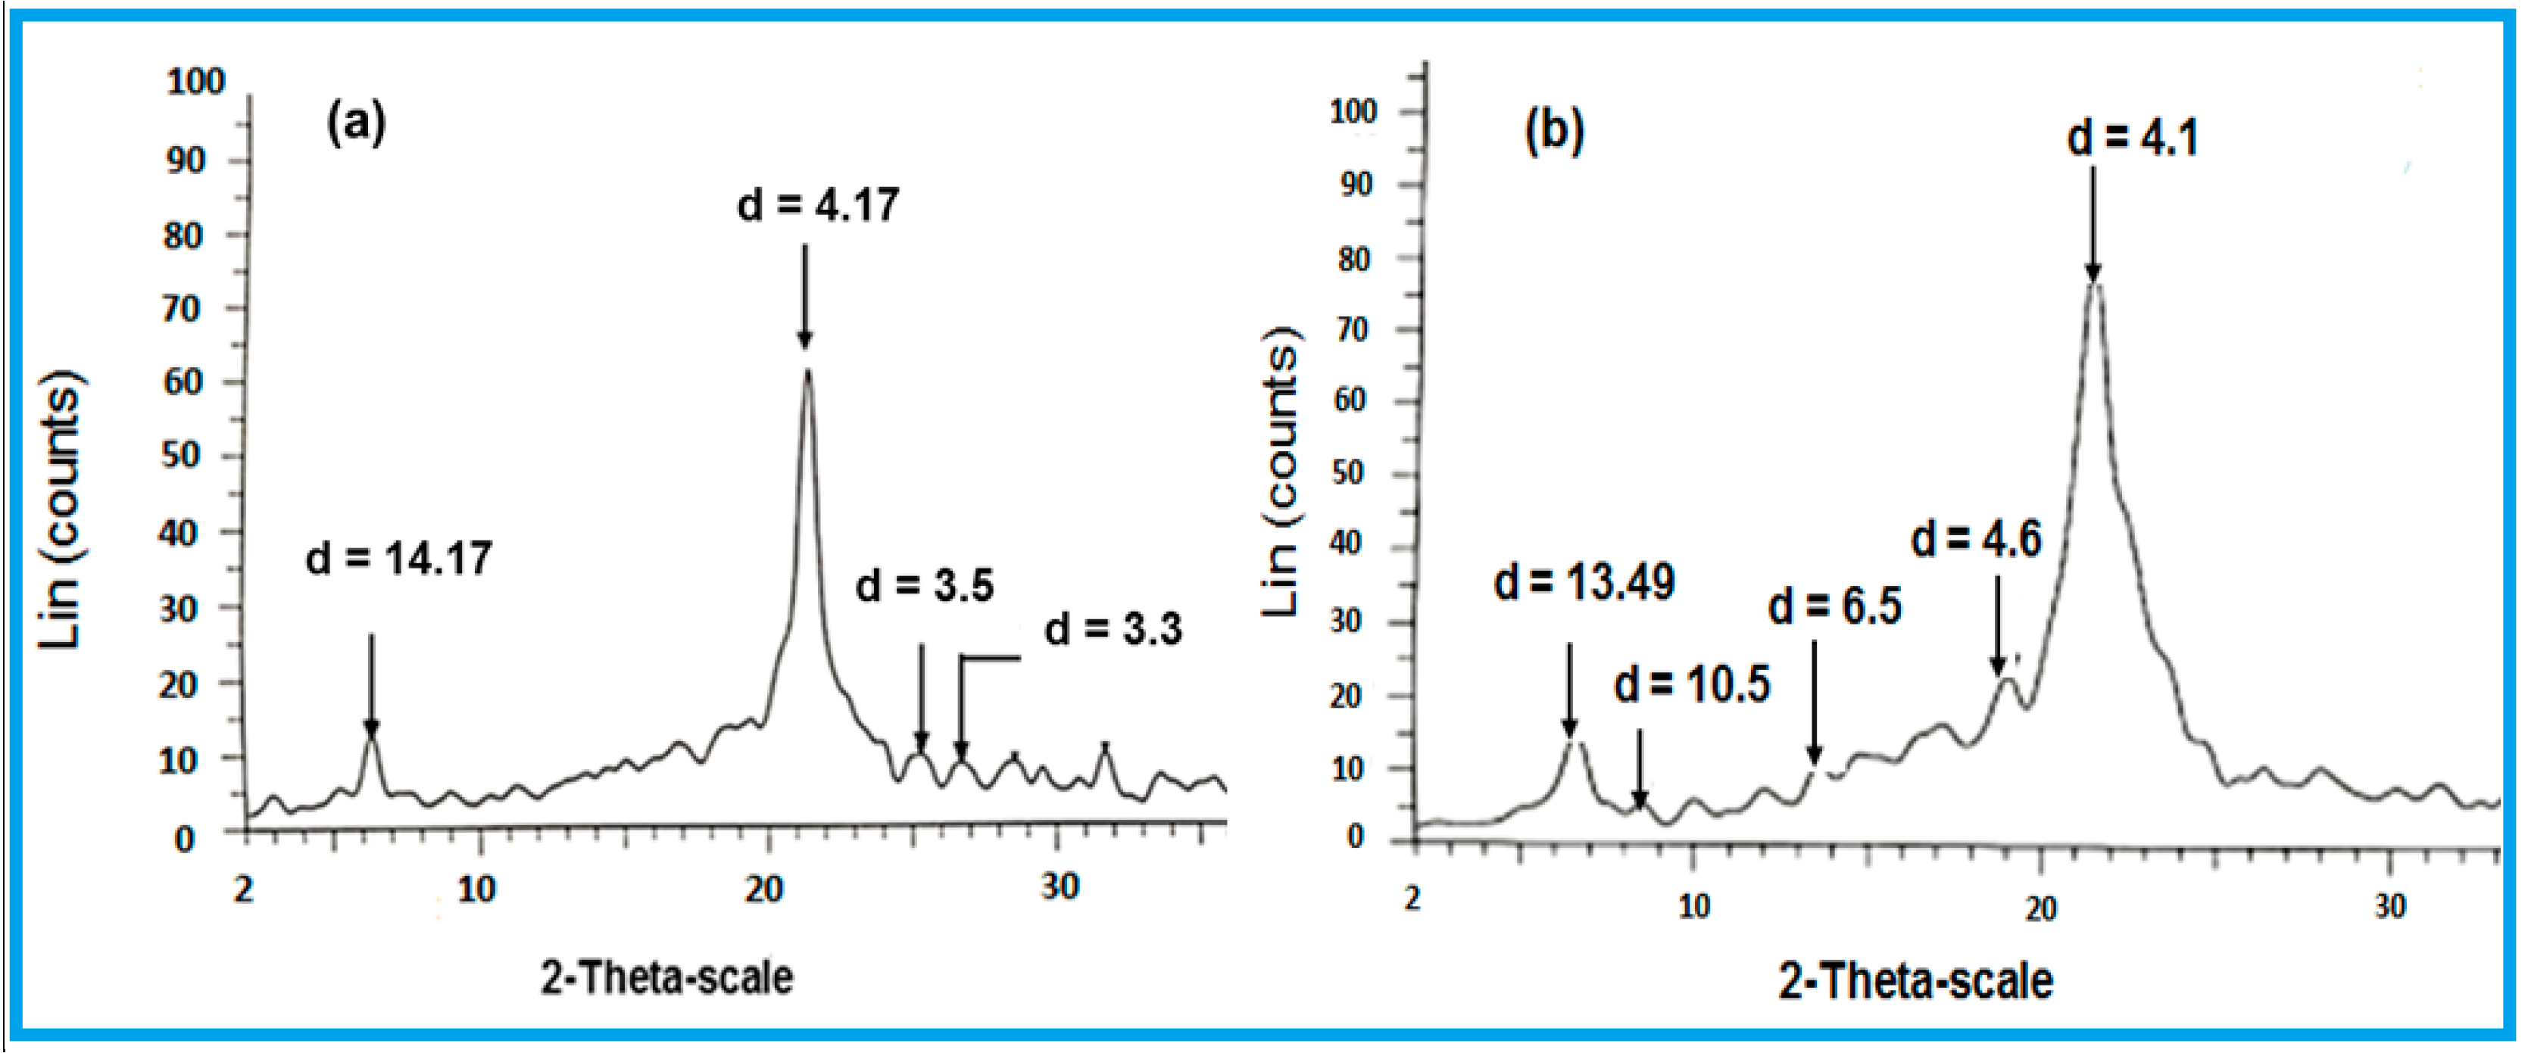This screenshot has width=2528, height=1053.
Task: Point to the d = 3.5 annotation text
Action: tap(925, 585)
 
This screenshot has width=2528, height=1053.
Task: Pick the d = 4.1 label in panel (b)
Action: tap(2131, 137)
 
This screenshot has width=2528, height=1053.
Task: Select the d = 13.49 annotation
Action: tap(1584, 582)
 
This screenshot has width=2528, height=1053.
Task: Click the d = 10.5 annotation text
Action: tap(1692, 684)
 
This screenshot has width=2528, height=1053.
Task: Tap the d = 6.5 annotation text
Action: tap(1834, 606)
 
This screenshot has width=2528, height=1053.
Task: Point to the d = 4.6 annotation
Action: tap(1977, 539)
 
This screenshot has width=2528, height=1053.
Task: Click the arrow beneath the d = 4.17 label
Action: tap(805, 294)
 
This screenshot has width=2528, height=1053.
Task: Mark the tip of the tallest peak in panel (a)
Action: tap(807, 371)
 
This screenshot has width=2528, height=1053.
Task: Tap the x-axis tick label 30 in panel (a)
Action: tap(1059, 886)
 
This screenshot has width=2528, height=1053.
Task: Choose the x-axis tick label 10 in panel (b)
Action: tap(1694, 906)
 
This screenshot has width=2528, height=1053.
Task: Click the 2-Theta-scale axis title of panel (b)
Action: tap(1915, 980)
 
